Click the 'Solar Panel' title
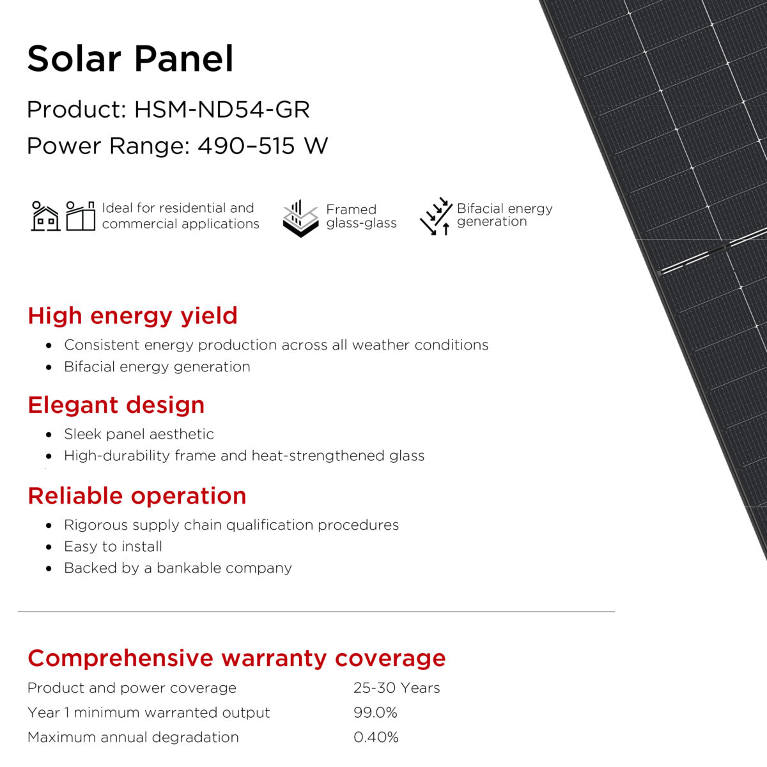130,59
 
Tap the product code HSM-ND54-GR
222,109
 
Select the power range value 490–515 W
263,146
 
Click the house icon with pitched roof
45,216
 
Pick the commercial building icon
81,216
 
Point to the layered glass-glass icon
301,219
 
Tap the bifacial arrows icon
437,216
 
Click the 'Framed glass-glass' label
361,216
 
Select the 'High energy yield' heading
132,316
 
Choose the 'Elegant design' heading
116,405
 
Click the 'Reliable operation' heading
137,496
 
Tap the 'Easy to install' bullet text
113,546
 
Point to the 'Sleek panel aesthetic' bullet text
139,434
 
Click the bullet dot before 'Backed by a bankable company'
49,568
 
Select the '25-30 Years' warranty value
396,688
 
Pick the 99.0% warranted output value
375,713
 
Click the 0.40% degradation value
376,737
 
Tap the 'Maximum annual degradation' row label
133,738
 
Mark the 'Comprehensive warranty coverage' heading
236,658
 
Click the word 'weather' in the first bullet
380,345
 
